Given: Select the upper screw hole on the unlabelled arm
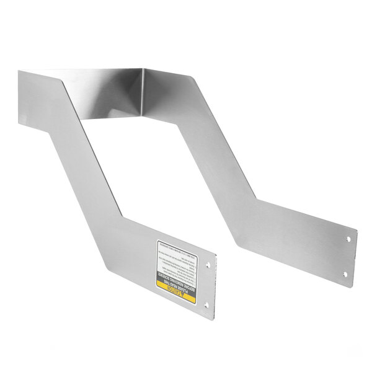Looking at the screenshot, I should tap(348, 238).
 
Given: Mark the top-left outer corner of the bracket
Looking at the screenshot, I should tap(19, 71).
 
